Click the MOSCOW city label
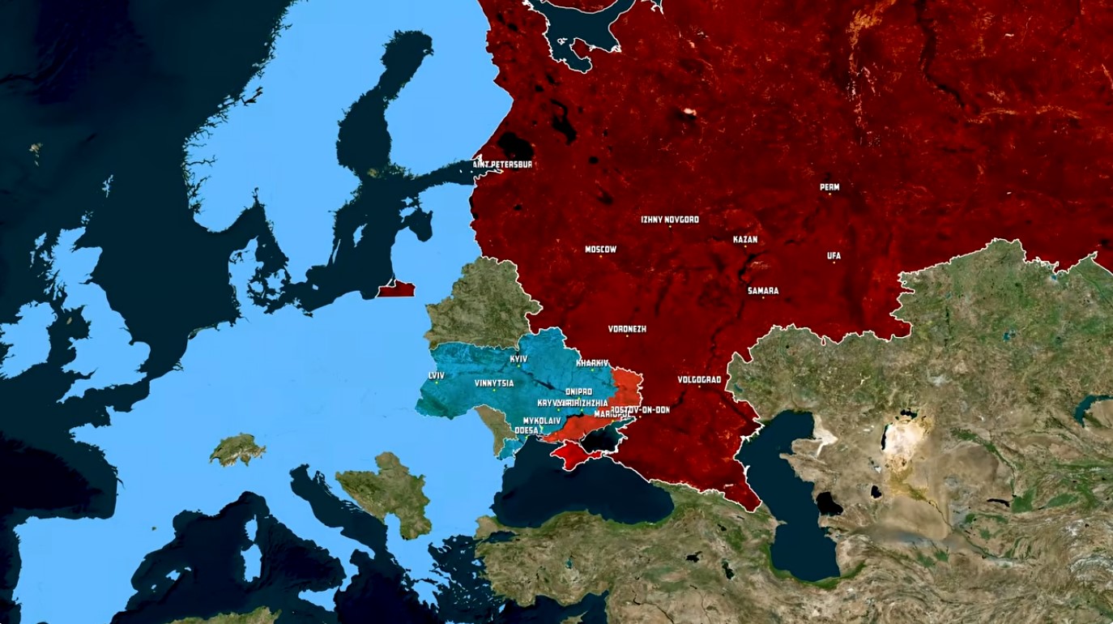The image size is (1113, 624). coord(600,250)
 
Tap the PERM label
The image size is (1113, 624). coord(829,187)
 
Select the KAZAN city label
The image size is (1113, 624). coord(744,240)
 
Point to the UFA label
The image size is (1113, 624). coord(834,256)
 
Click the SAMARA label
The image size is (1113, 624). coord(763,291)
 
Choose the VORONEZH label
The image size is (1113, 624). coord(627,330)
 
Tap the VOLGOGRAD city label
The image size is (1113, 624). coord(699,379)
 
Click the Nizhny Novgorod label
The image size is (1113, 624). coord(669,220)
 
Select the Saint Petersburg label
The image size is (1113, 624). coord(502,165)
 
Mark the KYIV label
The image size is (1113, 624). coord(518,359)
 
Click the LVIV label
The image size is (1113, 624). coord(437,375)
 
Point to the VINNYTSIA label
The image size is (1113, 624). coord(494,383)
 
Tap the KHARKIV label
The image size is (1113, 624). coord(592,364)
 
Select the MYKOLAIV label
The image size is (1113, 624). coord(542,421)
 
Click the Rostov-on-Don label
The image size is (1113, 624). coord(641,410)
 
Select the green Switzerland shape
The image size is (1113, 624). coord(237,450)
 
